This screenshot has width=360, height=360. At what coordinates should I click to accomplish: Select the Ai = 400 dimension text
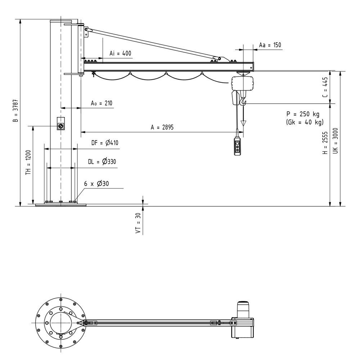click(x=120, y=53)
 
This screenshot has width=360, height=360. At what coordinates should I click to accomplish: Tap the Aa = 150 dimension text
click(x=270, y=45)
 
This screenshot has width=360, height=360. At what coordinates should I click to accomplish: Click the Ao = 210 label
click(x=101, y=103)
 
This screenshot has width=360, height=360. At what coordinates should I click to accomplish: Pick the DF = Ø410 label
click(x=104, y=143)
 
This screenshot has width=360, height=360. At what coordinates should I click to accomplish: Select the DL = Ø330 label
click(x=102, y=162)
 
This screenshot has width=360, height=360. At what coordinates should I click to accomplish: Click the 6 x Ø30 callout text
click(x=96, y=184)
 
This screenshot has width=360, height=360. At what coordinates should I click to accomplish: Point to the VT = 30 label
click(x=138, y=223)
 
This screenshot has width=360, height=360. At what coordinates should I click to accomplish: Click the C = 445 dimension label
click(x=325, y=87)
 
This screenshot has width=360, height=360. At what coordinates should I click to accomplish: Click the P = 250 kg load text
click(x=303, y=114)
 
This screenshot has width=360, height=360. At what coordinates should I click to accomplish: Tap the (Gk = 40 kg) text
click(x=305, y=122)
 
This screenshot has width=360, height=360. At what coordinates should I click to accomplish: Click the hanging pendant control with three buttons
click(x=238, y=148)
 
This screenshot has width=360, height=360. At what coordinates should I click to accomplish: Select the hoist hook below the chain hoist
click(x=244, y=102)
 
